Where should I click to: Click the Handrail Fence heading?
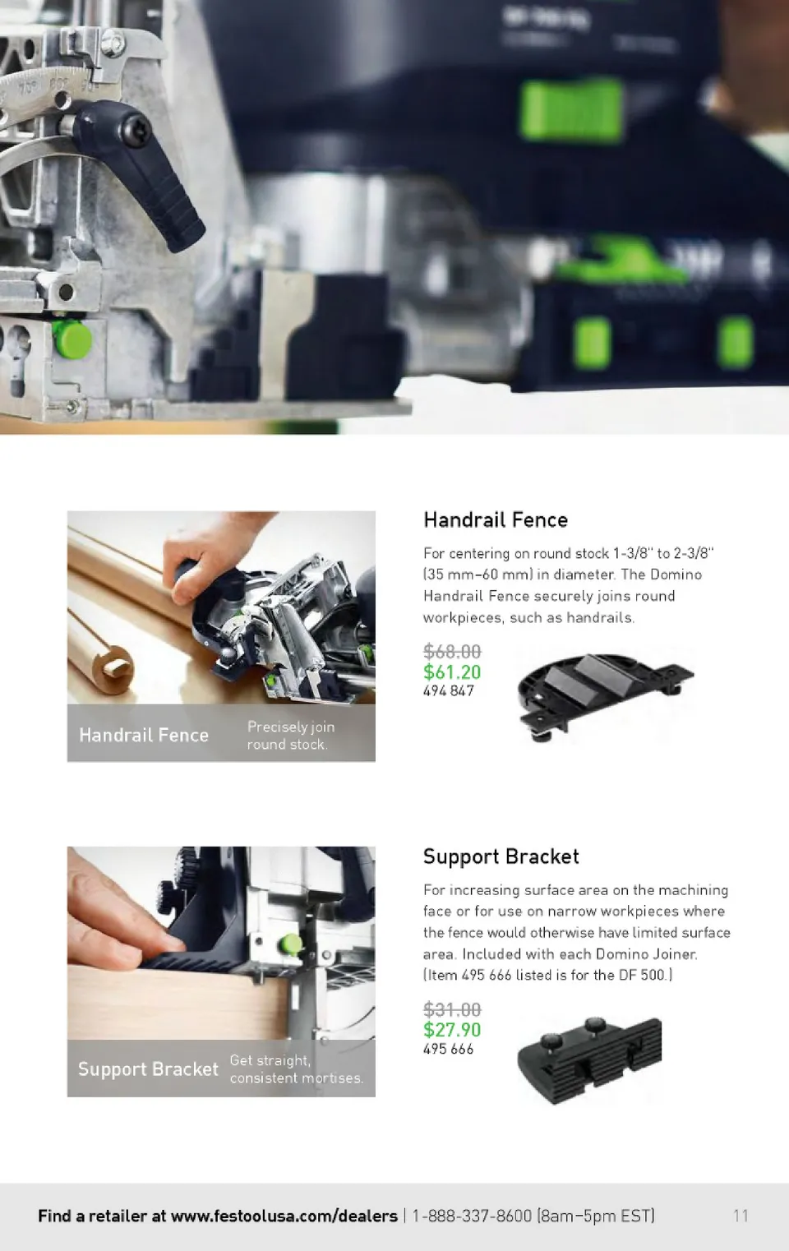496,520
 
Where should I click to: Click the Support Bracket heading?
501,856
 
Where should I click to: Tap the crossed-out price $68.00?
452,651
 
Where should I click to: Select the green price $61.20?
452,672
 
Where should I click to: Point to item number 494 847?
449,690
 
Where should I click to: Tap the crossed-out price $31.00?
452,1009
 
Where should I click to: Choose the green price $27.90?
452,1029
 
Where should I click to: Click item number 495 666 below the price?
449,1049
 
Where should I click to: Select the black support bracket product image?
589,1060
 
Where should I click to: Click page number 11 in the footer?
741,1216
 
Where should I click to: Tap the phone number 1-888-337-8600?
472,1216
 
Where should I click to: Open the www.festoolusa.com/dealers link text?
284,1216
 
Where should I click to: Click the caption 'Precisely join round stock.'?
291,736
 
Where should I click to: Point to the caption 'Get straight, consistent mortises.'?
297,1069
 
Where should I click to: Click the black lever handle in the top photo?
140,173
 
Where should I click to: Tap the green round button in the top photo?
72,339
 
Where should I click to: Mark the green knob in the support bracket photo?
290,944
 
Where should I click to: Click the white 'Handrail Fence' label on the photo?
144,735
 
